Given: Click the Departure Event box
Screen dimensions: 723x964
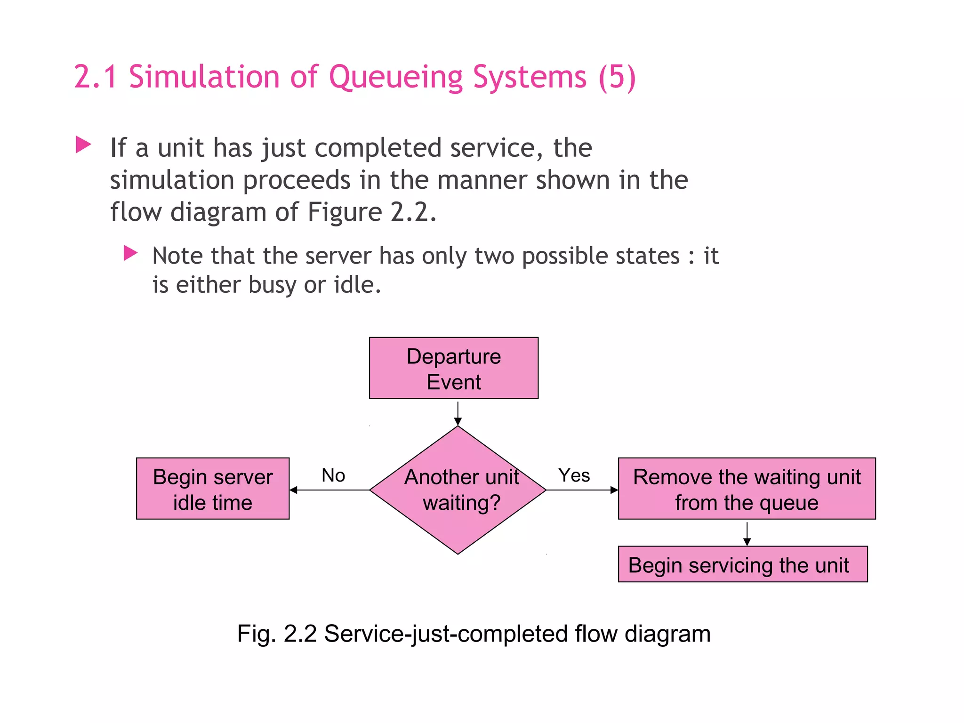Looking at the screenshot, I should point(453,368).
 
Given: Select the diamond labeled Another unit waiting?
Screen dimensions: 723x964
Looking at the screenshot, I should point(458,490).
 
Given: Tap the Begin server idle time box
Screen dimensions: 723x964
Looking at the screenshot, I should point(213,489).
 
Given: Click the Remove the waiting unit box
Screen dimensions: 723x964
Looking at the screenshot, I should point(747,489).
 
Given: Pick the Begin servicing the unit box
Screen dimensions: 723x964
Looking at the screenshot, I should point(742,564).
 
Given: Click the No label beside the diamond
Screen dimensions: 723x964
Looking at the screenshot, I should point(333,475).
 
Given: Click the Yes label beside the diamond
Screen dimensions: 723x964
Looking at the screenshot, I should point(574,475).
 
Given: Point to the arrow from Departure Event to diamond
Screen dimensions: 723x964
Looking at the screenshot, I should point(458,413).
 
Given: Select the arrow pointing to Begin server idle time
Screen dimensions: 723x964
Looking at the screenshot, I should point(329,490).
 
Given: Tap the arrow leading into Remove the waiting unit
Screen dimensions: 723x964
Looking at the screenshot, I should point(582,490).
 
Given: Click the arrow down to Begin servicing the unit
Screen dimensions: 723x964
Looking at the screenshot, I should point(747,534).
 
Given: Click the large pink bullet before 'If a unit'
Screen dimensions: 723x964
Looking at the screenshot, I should point(83,145).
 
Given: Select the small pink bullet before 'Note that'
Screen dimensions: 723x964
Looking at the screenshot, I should point(130,253).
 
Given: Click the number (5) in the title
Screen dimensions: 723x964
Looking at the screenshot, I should point(617,77).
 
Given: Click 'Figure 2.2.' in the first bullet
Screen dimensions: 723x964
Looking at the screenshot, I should point(372,212).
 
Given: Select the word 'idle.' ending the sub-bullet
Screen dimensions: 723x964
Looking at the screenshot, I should point(357,285).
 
